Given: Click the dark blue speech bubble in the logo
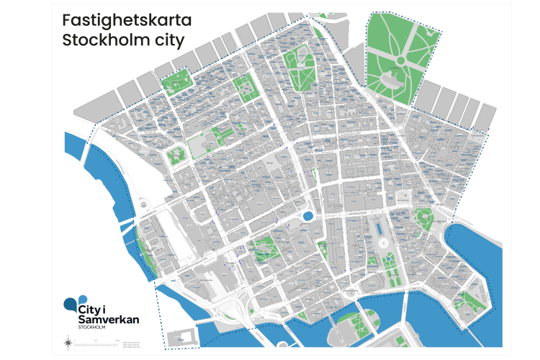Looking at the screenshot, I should [x=70, y=303].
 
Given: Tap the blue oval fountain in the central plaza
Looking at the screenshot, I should [x=308, y=215].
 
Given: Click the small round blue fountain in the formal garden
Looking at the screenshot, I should [x=387, y=258].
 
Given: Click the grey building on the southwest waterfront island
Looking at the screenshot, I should [x=181, y=337].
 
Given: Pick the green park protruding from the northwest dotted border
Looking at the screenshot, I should [x=177, y=81].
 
